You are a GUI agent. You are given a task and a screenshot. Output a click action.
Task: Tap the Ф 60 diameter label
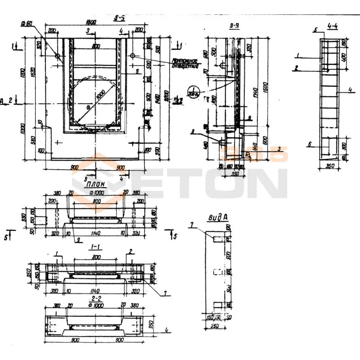27,23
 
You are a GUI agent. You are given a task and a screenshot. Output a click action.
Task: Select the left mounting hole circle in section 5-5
58,56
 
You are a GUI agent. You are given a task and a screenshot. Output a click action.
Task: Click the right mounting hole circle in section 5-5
133,55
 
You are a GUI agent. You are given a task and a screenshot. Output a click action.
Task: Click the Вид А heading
217,218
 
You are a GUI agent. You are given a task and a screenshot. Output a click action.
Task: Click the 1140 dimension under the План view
95,234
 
